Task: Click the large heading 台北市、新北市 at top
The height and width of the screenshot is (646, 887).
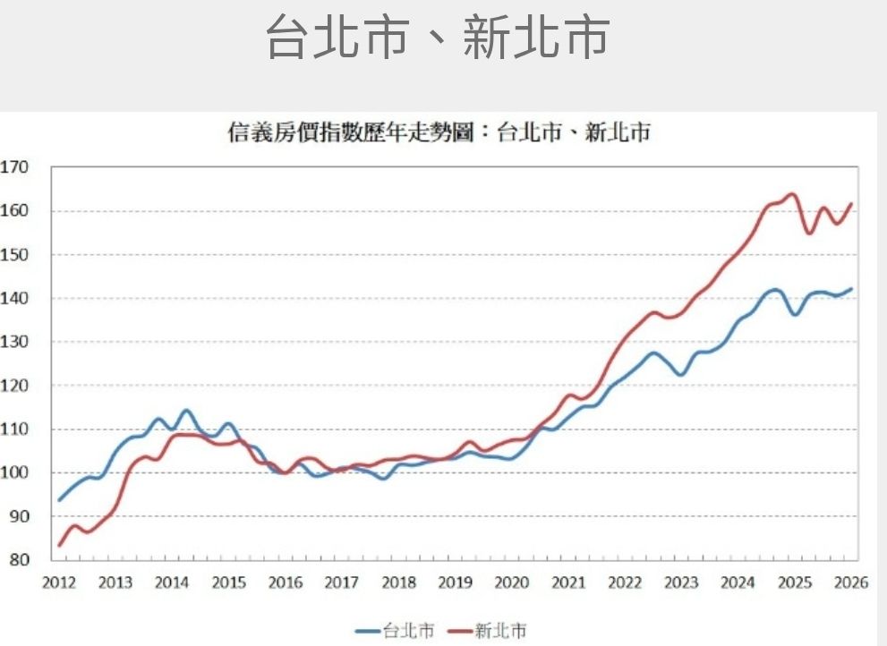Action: tap(438, 38)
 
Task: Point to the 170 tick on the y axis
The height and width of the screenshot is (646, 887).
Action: tap(15, 167)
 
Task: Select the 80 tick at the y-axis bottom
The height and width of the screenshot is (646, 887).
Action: tap(19, 560)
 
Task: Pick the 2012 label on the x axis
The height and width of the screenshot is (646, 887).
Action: tap(58, 583)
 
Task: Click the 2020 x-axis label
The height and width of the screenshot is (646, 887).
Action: tap(511, 583)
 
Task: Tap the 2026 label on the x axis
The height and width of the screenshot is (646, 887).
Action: tap(851, 583)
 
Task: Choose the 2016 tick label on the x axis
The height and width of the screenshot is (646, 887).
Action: tap(285, 583)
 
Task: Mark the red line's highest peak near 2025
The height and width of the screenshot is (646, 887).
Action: tap(791, 194)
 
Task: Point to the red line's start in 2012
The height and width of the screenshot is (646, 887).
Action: tap(60, 545)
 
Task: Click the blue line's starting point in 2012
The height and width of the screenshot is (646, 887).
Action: tap(60, 499)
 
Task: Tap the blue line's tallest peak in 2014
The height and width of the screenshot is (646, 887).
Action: tap(186, 411)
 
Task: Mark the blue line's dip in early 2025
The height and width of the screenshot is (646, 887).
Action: tap(794, 314)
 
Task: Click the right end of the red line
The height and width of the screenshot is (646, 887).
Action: tap(851, 204)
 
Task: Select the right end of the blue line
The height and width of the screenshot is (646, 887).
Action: tap(851, 289)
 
